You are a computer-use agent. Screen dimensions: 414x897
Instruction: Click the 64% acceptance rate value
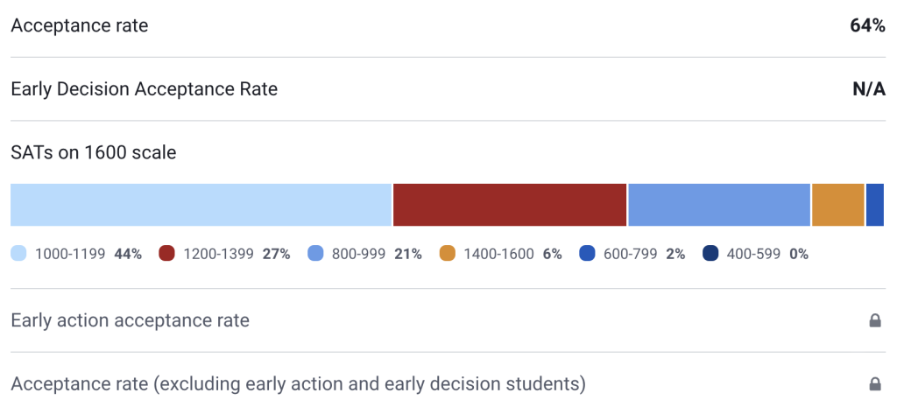pos(867,26)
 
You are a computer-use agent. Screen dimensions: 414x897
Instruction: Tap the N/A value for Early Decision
pos(869,89)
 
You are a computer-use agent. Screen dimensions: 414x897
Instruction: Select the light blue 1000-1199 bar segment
pos(201,205)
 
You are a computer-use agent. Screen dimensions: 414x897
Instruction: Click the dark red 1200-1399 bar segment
pos(510,205)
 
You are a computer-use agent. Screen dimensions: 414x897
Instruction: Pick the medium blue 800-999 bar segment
pos(719,205)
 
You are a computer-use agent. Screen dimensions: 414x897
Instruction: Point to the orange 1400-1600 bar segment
pos(838,205)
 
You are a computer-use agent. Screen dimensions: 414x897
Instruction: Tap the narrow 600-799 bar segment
pos(875,205)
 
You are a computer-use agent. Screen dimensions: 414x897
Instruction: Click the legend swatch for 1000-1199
pos(19,254)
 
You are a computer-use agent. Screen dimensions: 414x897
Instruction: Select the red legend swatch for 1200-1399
pos(167,254)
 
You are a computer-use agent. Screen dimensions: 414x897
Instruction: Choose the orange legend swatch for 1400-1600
pos(448,254)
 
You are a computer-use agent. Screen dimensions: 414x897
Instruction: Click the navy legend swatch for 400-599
pos(710,254)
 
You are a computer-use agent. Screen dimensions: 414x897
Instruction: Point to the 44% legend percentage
pos(128,254)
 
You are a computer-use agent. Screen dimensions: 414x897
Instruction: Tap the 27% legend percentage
pos(276,254)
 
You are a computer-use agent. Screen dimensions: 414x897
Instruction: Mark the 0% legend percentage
pos(798,254)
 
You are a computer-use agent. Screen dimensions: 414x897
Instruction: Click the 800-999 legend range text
pos(359,254)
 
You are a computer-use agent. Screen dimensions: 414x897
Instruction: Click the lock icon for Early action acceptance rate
pos(874,321)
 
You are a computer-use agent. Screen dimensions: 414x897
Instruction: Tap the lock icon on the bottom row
pos(874,384)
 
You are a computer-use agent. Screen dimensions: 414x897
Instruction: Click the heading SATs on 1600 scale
pos(94,152)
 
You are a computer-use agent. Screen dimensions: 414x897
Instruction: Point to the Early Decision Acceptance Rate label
pos(144,89)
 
